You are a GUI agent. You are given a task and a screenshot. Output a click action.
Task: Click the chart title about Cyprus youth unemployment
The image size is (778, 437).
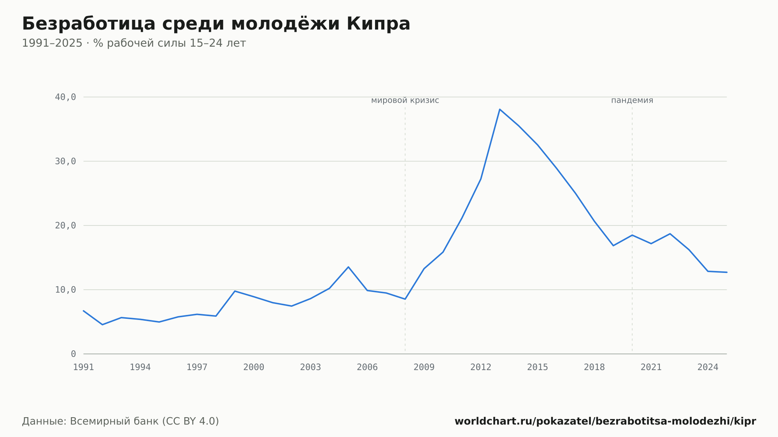click(x=216, y=24)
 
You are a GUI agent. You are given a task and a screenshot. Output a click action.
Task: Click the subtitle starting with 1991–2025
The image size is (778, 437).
click(x=134, y=43)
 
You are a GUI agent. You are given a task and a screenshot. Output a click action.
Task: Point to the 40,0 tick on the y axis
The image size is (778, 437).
click(x=65, y=97)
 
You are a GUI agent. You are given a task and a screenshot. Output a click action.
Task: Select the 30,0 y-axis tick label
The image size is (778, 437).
click(x=65, y=161)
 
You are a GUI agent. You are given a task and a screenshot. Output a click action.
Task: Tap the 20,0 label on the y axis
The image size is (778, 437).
click(x=65, y=225)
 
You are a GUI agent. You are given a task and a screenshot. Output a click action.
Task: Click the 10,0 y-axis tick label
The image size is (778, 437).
click(x=65, y=290)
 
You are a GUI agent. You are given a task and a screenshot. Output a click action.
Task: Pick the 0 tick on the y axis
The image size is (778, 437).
click(x=73, y=354)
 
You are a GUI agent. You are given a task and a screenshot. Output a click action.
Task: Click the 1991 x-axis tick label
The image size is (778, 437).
click(x=84, y=367)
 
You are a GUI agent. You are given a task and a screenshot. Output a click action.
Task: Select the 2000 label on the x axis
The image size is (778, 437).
click(x=254, y=367)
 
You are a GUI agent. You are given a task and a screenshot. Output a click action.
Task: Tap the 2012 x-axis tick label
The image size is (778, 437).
click(x=481, y=367)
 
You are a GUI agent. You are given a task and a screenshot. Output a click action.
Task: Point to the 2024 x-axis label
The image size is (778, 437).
click(x=708, y=367)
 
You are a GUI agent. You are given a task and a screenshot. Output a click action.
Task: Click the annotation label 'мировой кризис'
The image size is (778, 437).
click(x=405, y=100)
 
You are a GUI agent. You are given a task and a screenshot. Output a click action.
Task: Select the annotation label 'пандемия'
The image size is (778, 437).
click(x=632, y=100)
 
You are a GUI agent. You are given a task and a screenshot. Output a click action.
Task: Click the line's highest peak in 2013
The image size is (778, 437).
click(x=500, y=109)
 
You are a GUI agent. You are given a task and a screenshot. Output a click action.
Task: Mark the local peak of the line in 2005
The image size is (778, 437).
click(x=348, y=267)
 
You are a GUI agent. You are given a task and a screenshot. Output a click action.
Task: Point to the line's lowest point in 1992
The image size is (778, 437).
click(x=102, y=325)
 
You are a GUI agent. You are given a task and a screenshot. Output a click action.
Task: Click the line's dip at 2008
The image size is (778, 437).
click(x=405, y=299)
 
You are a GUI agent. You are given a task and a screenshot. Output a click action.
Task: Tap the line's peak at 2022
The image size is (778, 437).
click(x=670, y=234)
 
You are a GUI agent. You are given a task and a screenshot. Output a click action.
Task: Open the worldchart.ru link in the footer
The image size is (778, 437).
click(x=605, y=421)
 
